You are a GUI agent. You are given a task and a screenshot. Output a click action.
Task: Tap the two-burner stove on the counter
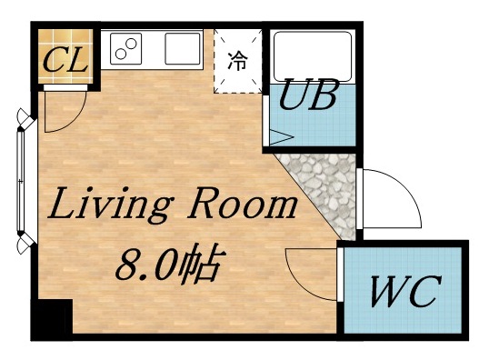point(126,49)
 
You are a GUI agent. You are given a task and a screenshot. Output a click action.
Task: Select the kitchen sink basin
point(183,48)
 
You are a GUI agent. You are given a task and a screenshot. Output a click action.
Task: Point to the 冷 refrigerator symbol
point(237,61)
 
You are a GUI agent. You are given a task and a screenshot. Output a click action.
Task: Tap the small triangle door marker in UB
point(279,139)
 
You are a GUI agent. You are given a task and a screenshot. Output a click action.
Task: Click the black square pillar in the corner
point(52,319)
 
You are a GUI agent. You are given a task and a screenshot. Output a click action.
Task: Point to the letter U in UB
point(293,95)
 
